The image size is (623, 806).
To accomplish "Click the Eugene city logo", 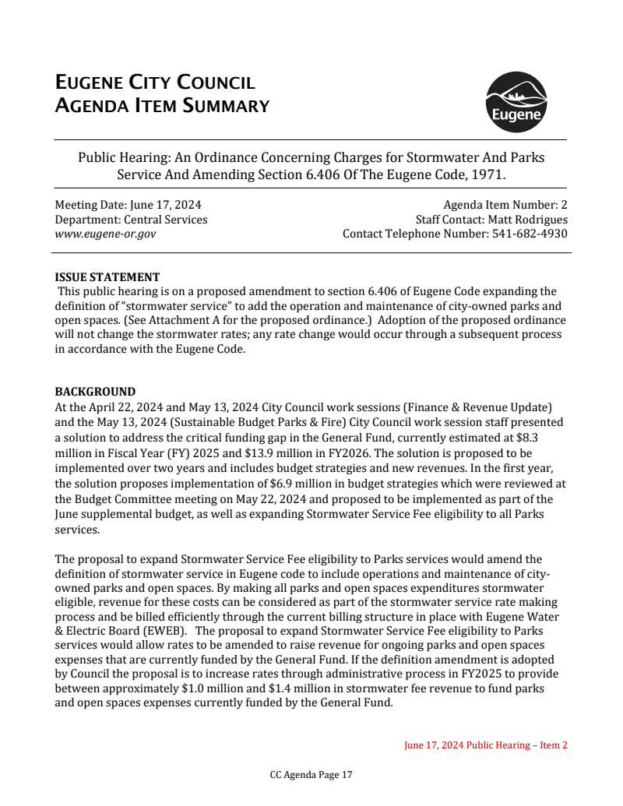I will pos(516,102).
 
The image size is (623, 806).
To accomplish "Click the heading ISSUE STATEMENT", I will pos(107,277).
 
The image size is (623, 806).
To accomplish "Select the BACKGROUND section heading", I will pos(95,392).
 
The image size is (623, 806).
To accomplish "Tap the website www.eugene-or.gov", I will pos(105,234).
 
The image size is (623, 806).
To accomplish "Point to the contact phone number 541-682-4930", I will pos(530,234).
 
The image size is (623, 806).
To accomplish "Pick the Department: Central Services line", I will pos(131,220).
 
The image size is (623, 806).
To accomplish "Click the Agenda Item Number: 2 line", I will pos(505,205).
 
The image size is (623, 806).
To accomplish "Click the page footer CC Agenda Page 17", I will pos(311,775).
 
